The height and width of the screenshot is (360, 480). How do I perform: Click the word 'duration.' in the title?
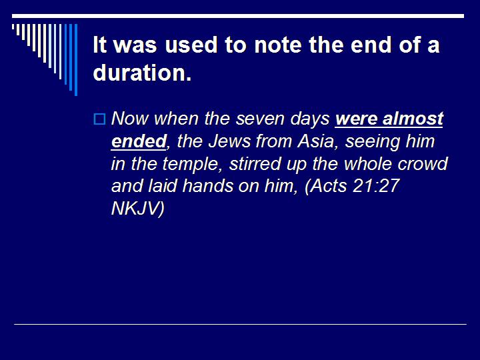(142, 73)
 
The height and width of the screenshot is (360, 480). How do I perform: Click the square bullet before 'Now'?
(99, 120)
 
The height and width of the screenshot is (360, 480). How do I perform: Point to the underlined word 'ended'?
(138, 141)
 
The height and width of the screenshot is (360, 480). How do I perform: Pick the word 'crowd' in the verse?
(423, 164)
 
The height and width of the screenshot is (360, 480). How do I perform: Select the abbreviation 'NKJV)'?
(137, 209)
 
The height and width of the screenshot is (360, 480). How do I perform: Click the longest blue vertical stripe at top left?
(75, 60)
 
